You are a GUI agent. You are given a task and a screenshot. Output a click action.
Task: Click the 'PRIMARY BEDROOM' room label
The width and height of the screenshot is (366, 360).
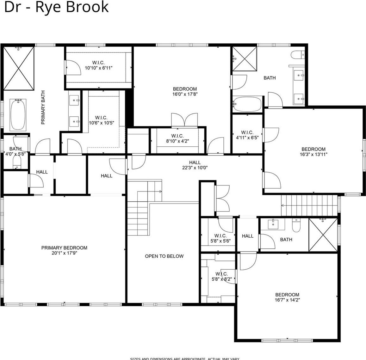[x=64, y=248]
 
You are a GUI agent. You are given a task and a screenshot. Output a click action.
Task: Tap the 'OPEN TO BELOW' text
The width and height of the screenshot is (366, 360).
[x=164, y=256]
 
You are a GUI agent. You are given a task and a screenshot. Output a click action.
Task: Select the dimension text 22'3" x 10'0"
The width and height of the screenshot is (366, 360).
[x=195, y=168]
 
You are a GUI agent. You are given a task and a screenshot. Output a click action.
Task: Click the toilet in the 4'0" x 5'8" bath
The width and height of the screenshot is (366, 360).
[x=16, y=162]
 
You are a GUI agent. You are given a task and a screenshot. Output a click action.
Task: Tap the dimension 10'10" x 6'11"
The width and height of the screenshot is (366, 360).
[x=99, y=68]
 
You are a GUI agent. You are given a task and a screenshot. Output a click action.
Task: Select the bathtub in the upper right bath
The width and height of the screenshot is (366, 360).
[x=248, y=104]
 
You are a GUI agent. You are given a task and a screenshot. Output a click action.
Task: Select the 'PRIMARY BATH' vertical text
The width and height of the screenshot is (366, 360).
[x=43, y=107]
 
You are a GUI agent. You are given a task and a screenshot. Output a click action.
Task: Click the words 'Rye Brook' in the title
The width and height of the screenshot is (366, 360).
[x=72, y=7]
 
